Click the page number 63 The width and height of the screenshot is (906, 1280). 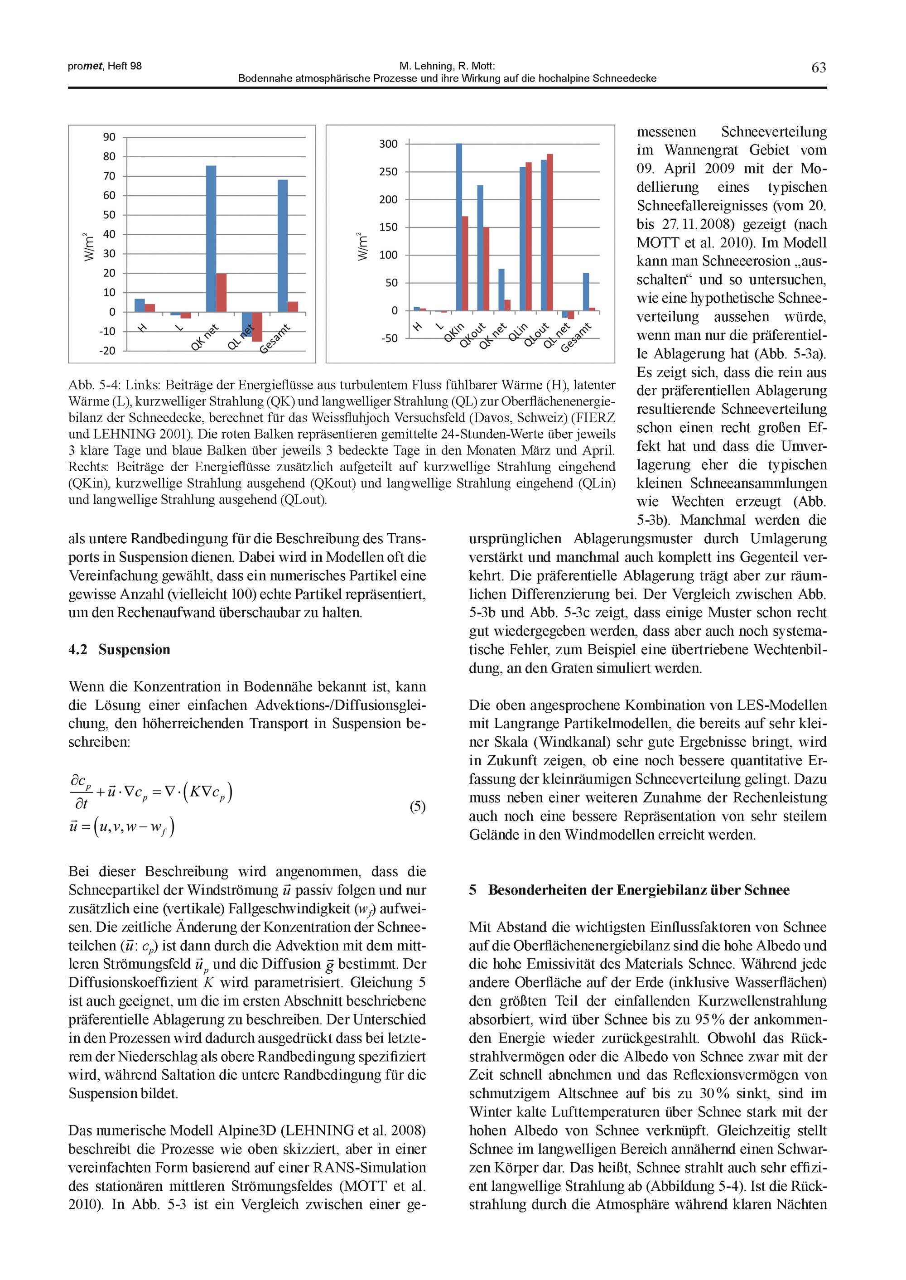click(819, 68)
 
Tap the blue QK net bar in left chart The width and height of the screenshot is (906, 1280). click(211, 239)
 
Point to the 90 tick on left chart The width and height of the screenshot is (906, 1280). click(109, 137)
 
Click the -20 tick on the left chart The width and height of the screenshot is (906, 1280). click(108, 351)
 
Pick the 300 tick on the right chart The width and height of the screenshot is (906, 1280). click(388, 144)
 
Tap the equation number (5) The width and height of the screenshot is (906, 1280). click(417, 807)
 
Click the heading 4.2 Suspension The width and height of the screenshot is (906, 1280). click(120, 649)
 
